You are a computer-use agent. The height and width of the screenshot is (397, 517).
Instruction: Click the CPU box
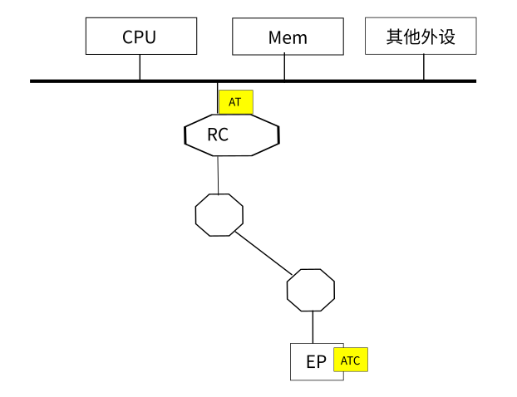[x=139, y=37]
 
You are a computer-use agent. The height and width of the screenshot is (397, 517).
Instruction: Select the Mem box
[x=288, y=37]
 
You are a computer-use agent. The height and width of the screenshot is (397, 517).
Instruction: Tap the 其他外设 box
[x=421, y=37]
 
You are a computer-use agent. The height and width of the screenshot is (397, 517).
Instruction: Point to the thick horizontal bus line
[x=349, y=81]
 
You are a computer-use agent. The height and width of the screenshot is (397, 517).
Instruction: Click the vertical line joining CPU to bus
[x=140, y=67]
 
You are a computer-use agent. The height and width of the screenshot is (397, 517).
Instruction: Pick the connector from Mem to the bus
[x=284, y=67]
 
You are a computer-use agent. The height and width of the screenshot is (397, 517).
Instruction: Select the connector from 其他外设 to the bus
[x=423, y=67]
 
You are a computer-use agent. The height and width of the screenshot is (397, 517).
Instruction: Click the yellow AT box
[x=235, y=102]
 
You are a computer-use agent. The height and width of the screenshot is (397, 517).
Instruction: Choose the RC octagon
[x=231, y=135]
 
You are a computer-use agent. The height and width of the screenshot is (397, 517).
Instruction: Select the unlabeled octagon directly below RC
[x=219, y=214]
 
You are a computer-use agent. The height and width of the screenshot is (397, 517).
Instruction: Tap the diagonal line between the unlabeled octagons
[x=264, y=252]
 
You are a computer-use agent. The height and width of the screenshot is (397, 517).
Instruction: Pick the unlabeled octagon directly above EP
[x=311, y=290]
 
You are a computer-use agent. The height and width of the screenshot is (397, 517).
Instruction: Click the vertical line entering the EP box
[x=312, y=326]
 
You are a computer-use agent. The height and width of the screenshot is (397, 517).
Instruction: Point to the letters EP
[x=316, y=362]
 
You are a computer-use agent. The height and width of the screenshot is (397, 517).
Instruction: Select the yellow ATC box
[x=350, y=360]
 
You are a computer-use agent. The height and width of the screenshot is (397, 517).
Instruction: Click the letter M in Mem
[x=276, y=38]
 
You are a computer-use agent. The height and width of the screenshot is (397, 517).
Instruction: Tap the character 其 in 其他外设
[x=395, y=37]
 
